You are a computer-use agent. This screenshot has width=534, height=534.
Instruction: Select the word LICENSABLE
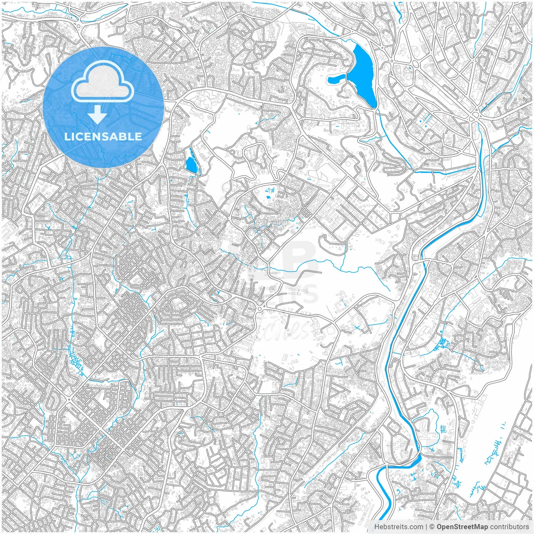[x=103, y=136]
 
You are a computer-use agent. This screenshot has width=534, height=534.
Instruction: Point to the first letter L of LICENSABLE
[x=67, y=136]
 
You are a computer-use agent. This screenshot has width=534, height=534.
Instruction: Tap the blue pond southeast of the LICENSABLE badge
[x=191, y=165]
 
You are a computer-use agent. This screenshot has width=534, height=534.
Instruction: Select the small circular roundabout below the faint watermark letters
[x=260, y=308]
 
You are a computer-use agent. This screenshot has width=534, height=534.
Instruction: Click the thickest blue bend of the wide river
[x=415, y=461]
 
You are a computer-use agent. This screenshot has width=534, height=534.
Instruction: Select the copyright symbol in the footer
[x=432, y=527]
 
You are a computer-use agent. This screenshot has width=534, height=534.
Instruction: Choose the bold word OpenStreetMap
[x=462, y=527]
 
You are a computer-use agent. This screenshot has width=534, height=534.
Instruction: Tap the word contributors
[x=509, y=527]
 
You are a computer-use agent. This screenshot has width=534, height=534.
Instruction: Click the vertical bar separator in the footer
[x=426, y=527]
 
